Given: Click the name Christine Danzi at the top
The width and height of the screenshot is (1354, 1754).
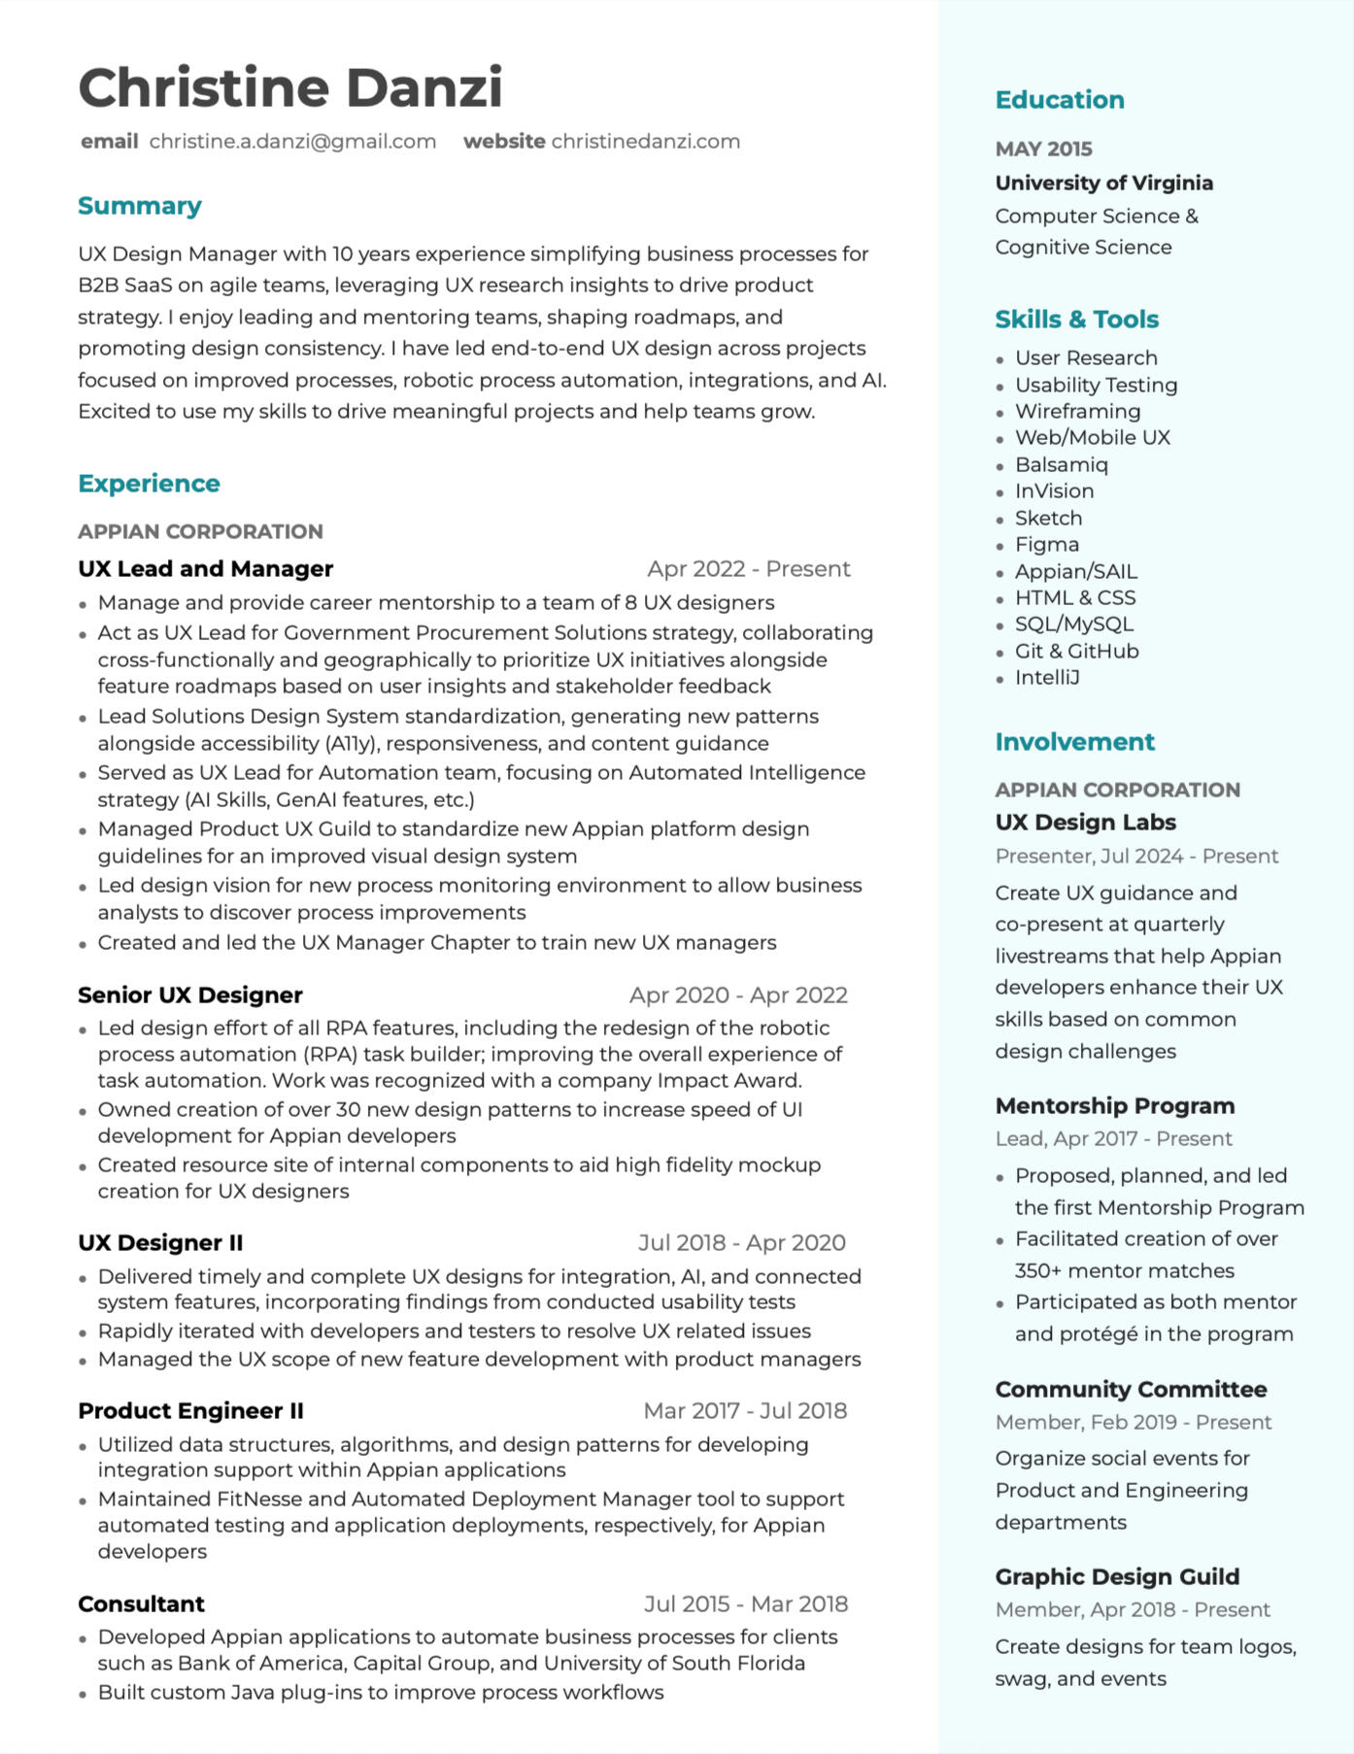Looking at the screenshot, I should [290, 87].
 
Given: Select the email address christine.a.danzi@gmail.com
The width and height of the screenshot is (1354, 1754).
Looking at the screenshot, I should [292, 142].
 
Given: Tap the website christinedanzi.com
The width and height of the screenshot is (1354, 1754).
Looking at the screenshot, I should [645, 142].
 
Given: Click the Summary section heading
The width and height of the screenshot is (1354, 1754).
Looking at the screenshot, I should [140, 206].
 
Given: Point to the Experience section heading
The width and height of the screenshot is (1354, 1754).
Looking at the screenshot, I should [149, 484].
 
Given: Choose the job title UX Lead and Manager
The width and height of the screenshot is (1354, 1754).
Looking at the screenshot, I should [205, 569].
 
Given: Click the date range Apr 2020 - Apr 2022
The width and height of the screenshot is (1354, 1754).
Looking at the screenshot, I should [738, 995].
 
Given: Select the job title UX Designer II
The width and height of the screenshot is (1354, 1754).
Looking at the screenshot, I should [160, 1243].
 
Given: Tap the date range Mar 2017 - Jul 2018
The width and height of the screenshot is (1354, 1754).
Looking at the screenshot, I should [745, 1411].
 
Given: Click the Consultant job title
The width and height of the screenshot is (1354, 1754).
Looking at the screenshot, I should [141, 1604].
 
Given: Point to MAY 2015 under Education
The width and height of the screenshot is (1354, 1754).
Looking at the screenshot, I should [1043, 150].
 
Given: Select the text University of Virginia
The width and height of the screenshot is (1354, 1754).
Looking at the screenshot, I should [1103, 184].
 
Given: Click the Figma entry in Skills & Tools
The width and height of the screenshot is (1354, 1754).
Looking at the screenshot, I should [1046, 545].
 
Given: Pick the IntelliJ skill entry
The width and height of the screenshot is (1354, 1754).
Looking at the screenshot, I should [1047, 678].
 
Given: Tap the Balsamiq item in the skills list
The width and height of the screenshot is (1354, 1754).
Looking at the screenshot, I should [1061, 465].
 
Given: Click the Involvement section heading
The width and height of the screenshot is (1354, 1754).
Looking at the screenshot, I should [1074, 742].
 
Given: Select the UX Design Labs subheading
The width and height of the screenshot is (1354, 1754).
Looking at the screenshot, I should [1085, 823].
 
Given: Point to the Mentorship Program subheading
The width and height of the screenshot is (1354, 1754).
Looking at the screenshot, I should [1114, 1106].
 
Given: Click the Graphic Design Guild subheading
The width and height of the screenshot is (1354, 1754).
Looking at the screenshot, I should [1117, 1577].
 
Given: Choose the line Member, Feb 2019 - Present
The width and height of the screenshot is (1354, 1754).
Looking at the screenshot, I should [1133, 1423].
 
